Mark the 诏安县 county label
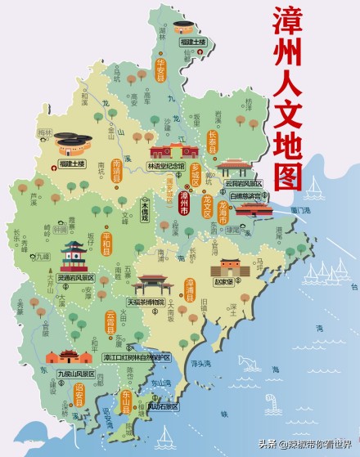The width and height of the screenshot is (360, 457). (x=79, y=396)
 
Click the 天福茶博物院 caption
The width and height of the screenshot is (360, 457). (x=145, y=302)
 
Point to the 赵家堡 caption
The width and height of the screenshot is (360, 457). (x=224, y=280)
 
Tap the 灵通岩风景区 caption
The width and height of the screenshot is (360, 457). (x=75, y=278)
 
